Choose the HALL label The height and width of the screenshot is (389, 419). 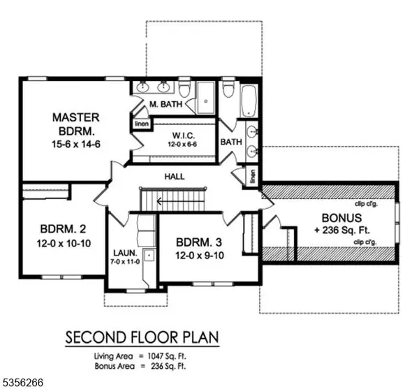pos(174,177)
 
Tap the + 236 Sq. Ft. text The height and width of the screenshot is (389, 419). pos(334,230)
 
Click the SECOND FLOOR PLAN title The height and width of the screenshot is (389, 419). pos(142,338)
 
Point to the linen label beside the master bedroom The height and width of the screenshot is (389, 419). pos(140,124)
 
